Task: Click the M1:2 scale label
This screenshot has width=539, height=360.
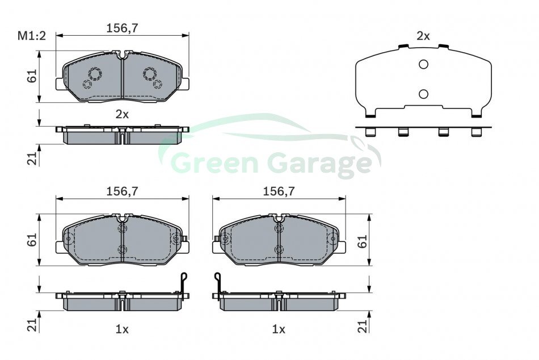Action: click(x=32, y=36)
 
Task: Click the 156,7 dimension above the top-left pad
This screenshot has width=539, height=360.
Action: click(x=122, y=28)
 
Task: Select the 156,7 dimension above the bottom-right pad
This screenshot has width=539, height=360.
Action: click(x=279, y=191)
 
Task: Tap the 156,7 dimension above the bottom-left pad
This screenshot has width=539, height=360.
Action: click(x=122, y=191)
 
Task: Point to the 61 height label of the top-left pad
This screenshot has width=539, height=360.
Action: click(x=32, y=76)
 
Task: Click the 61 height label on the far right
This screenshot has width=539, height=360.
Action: click(x=362, y=241)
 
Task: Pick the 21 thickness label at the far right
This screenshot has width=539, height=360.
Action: click(x=362, y=325)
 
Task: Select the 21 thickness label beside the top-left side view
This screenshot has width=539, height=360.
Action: click(x=32, y=158)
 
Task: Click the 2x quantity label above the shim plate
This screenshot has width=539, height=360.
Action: click(x=423, y=36)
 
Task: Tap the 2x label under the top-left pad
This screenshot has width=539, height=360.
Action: click(x=122, y=114)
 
